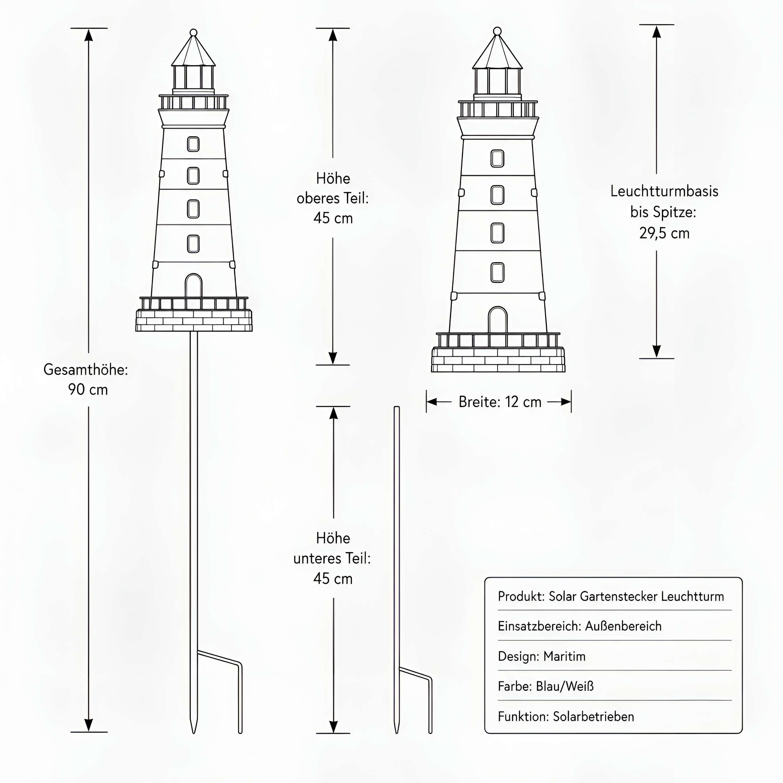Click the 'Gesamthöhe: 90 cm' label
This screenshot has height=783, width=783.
pyautogui.click(x=86, y=379)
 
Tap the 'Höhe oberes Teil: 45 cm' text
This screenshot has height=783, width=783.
pyautogui.click(x=333, y=198)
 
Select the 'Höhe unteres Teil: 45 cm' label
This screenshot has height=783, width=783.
pyautogui.click(x=332, y=558)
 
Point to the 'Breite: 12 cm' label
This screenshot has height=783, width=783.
pyautogui.click(x=500, y=401)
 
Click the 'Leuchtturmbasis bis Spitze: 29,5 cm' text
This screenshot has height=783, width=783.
pyautogui.click(x=664, y=212)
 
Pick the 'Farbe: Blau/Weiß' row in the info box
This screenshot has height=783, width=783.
pyautogui.click(x=545, y=686)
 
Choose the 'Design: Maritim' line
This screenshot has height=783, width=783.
pyautogui.click(x=541, y=656)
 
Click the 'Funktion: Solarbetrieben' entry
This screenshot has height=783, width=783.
pyautogui.click(x=566, y=717)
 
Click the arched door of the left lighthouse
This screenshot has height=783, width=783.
pyautogui.click(x=193, y=285)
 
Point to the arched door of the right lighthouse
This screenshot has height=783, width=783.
pyautogui.click(x=498, y=320)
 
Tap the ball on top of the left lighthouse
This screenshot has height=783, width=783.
pyautogui.click(x=193, y=32)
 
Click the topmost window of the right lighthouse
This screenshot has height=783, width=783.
pyautogui.click(x=497, y=159)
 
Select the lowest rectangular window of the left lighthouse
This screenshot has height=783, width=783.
pyautogui.click(x=193, y=244)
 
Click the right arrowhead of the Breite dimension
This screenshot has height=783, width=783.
pyautogui.click(x=566, y=401)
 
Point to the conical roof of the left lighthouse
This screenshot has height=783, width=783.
pyautogui.click(x=193, y=51)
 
